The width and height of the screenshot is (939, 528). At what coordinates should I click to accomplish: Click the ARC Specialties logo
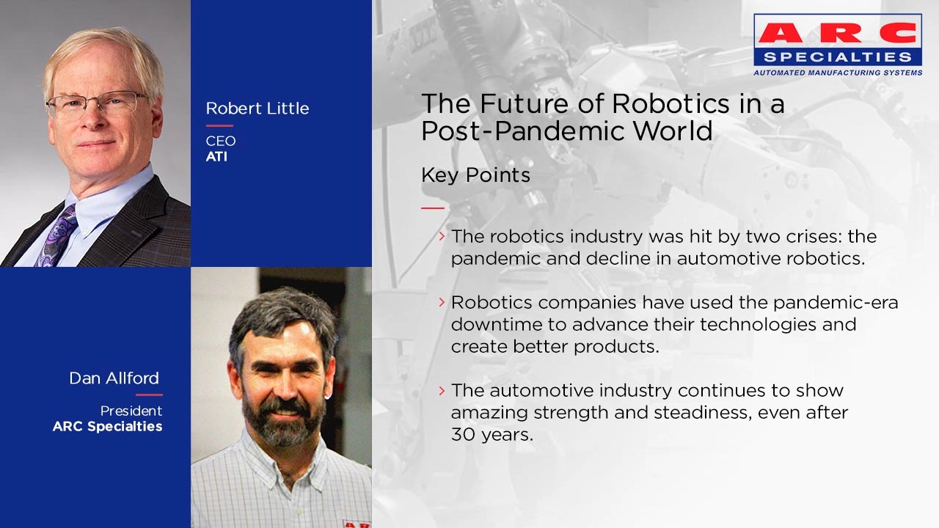tap(838, 44)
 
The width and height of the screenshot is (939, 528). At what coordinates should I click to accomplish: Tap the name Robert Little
tap(257, 109)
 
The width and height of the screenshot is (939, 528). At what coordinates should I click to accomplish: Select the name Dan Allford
tap(114, 378)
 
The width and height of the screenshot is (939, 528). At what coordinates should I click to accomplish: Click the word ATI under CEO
tap(216, 156)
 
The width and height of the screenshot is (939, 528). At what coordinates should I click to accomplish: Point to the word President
tap(131, 411)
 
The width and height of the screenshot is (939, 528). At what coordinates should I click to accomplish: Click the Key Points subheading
tap(475, 175)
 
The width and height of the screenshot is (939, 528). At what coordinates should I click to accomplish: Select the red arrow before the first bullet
tap(442, 235)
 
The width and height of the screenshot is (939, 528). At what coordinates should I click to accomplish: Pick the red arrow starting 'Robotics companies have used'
tap(442, 301)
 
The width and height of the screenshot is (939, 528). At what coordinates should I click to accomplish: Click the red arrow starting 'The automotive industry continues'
tap(442, 389)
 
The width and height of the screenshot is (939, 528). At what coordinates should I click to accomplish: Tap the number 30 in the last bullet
tap(462, 434)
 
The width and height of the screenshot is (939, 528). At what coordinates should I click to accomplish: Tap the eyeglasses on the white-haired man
tap(95, 104)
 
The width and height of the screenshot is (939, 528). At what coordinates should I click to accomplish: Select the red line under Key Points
tap(433, 208)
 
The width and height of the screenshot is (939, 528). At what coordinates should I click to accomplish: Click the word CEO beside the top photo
tap(220, 141)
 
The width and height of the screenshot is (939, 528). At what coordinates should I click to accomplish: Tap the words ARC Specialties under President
tap(107, 426)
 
